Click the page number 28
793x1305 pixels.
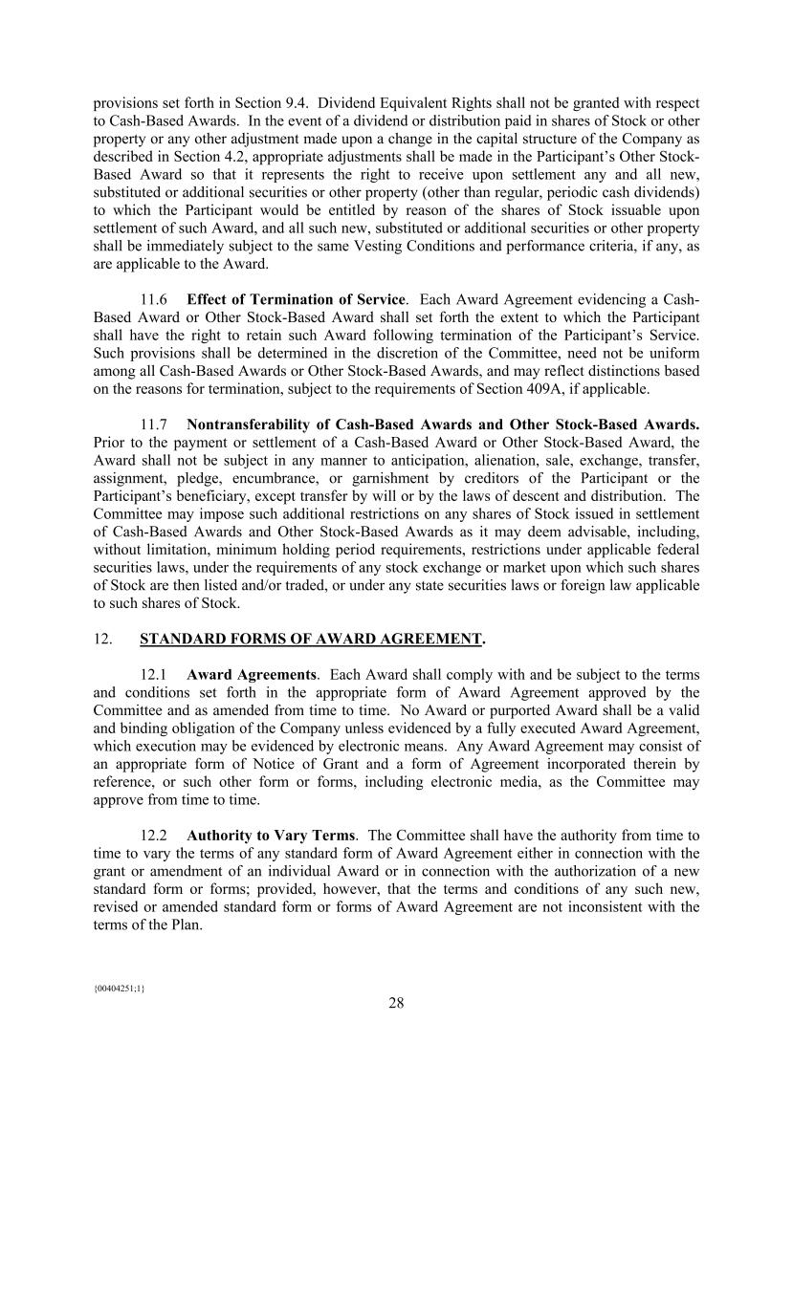click(x=396, y=1003)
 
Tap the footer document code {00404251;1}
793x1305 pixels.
click(x=119, y=988)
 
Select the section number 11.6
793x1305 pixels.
click(x=155, y=299)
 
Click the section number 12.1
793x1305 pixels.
click(x=155, y=675)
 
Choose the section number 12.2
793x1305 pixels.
click(x=155, y=836)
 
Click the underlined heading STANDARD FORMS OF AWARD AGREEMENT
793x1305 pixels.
click(x=311, y=639)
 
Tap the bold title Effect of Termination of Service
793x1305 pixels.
click(x=296, y=299)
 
